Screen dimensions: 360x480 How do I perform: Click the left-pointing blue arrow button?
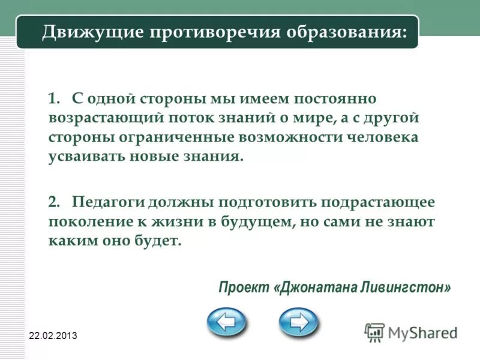(226, 322)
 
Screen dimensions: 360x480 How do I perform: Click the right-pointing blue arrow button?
(298, 322)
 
